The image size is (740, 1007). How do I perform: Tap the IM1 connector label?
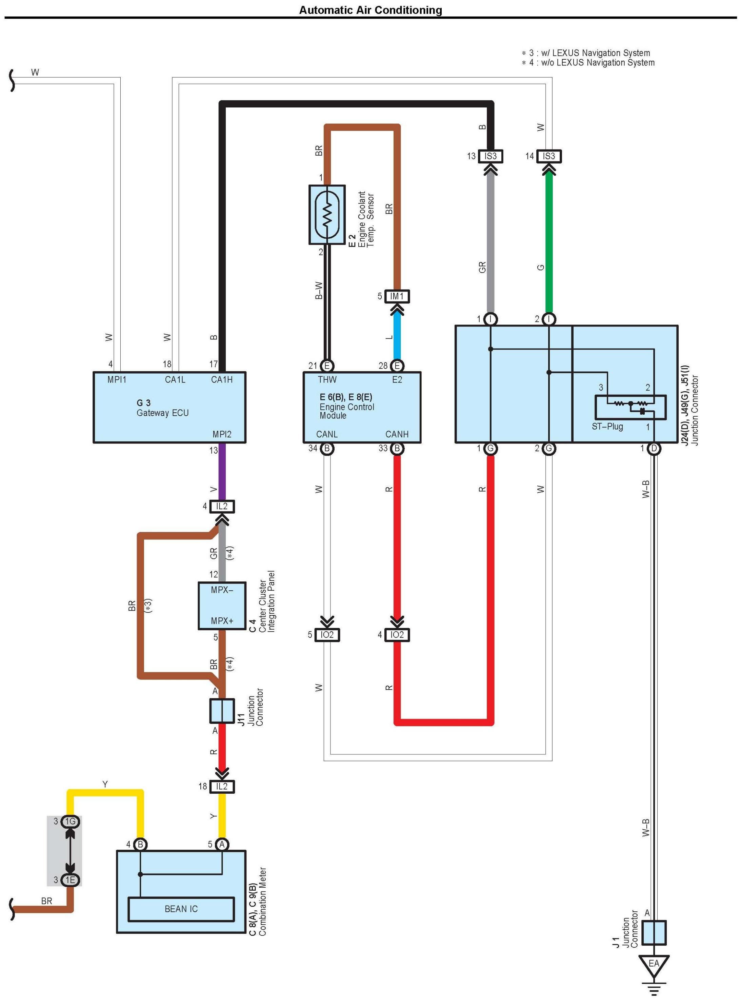[x=397, y=296]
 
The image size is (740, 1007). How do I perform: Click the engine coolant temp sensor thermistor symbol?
[x=327, y=215]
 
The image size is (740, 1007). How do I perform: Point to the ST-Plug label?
[x=607, y=427]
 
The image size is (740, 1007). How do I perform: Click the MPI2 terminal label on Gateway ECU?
[x=222, y=434]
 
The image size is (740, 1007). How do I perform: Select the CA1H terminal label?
[x=222, y=379]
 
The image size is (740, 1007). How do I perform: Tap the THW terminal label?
[x=327, y=379]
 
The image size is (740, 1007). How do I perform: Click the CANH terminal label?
[x=397, y=434]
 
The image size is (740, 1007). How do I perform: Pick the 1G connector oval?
[x=70, y=821]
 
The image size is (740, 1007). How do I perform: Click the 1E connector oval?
[x=70, y=880]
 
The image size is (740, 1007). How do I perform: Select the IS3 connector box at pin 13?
[x=491, y=156]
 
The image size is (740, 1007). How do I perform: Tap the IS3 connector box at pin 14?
[x=549, y=156]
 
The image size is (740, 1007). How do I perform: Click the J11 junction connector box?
[x=222, y=710]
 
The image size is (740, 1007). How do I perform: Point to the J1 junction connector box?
[x=654, y=932]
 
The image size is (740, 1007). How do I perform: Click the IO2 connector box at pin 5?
[x=327, y=635]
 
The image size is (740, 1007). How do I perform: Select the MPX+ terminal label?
[x=222, y=621]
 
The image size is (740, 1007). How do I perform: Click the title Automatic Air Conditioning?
[x=371, y=10]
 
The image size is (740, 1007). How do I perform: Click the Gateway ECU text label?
[x=163, y=413]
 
